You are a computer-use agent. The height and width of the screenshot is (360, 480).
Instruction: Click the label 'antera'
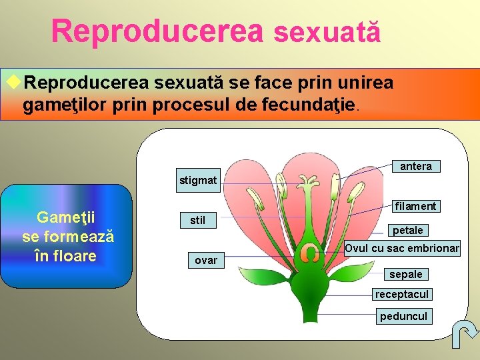(416, 167)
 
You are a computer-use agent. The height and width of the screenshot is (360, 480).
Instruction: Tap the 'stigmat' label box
(198, 181)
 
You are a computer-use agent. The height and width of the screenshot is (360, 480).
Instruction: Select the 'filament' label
(415, 206)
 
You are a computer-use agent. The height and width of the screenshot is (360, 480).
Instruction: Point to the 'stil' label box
(198, 220)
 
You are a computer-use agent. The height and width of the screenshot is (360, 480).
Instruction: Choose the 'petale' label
(408, 230)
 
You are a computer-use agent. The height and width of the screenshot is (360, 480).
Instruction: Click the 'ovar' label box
(206, 260)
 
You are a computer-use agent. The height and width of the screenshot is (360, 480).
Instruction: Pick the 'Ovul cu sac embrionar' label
(402, 248)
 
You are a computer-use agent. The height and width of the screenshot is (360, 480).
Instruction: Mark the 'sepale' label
(406, 274)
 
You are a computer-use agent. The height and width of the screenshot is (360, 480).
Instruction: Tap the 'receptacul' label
(402, 294)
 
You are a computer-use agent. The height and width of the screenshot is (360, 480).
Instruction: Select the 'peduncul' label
(403, 316)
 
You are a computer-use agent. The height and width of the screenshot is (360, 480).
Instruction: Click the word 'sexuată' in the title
(327, 32)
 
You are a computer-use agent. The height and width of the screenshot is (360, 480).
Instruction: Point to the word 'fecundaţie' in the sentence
(313, 105)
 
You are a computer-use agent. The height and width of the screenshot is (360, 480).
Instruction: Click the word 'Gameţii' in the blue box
(67, 217)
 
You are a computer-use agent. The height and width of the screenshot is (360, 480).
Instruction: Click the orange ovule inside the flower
(309, 254)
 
